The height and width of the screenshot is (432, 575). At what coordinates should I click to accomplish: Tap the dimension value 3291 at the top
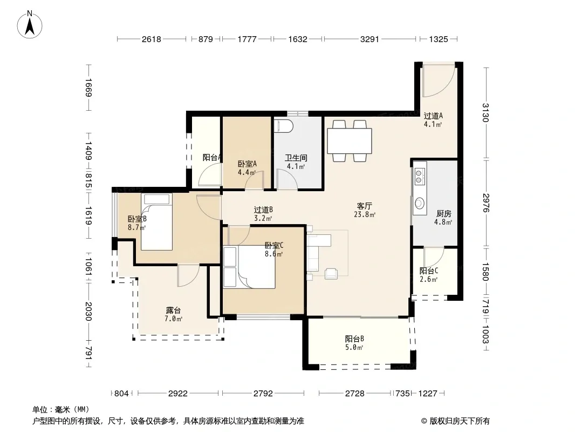click(369, 39)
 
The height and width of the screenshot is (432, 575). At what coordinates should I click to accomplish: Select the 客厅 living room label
click(364, 206)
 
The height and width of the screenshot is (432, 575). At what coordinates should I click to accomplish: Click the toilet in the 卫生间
click(284, 125)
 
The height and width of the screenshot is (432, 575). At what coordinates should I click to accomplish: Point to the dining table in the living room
click(350, 141)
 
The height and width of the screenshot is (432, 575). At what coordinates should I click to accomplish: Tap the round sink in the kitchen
click(420, 203)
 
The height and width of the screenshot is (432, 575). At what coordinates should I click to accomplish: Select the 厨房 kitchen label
click(443, 213)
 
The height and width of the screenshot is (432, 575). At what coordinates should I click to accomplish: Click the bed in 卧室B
click(156, 222)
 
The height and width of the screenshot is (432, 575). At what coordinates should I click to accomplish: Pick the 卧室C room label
click(274, 245)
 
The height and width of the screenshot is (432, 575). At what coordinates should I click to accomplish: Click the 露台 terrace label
click(173, 310)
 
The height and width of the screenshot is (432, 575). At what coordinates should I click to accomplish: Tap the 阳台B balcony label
click(354, 339)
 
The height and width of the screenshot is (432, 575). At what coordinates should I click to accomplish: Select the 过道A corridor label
click(433, 116)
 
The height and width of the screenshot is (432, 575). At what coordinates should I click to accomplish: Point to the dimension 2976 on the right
click(486, 202)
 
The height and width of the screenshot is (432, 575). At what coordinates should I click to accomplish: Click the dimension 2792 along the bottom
click(263, 394)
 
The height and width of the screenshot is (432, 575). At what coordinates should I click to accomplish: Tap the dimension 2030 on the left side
click(88, 311)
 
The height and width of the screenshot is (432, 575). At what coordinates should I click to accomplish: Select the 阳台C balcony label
click(429, 271)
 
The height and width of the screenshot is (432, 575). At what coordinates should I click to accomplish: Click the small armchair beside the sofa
click(331, 274)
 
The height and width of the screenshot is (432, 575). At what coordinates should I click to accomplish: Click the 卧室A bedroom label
click(247, 164)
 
